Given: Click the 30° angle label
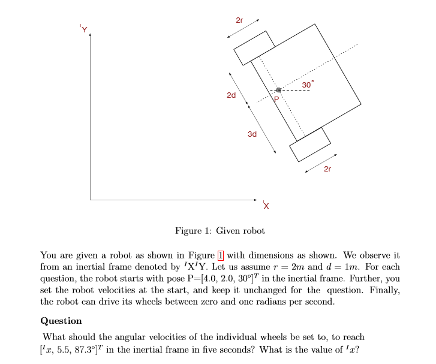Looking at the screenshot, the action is click(x=307, y=85).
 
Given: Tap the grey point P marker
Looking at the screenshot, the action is click(x=278, y=90).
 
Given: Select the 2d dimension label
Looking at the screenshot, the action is click(x=231, y=95).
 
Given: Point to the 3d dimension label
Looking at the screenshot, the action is click(x=252, y=134).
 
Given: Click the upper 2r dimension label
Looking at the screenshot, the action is click(x=239, y=20).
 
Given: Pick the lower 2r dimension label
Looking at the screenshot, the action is click(x=327, y=170).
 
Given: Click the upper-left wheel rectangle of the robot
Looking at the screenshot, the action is click(x=254, y=47).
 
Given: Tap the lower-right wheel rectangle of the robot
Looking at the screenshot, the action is click(x=310, y=144).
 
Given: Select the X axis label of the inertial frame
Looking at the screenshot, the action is click(x=266, y=206).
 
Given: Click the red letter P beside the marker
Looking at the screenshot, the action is click(x=276, y=99).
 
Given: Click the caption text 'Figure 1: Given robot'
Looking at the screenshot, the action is click(x=219, y=231).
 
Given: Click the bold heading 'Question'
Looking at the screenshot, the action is click(x=61, y=321).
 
